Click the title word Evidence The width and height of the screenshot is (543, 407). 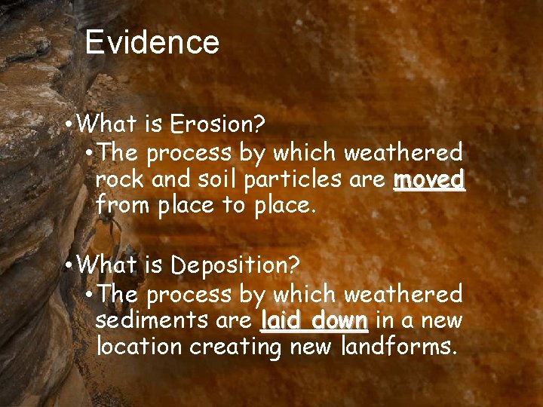[152, 42]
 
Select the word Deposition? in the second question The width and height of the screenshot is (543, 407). [236, 265]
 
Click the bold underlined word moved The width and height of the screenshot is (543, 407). [429, 179]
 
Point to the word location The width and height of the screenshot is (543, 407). [140, 347]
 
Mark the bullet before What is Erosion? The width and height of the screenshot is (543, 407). [69, 123]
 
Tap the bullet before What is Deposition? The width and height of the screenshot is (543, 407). [69, 265]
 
